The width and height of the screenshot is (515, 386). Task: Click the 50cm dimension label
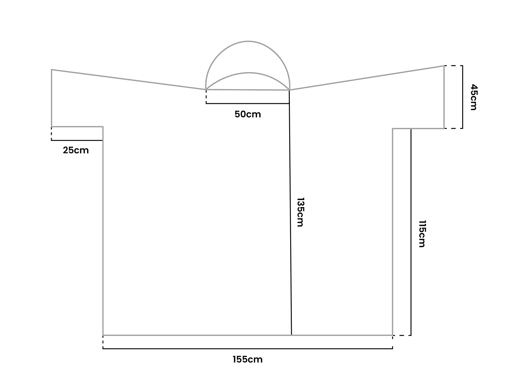click(248, 114)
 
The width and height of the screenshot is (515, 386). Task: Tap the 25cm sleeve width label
click(76, 150)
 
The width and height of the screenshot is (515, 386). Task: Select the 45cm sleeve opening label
click(474, 97)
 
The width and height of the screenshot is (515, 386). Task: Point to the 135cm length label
click(300, 212)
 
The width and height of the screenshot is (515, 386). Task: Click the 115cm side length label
click(422, 234)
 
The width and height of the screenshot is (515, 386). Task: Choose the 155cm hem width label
click(248, 360)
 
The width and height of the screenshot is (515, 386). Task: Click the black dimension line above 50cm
click(248, 104)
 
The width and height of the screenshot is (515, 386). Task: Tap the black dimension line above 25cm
click(77, 140)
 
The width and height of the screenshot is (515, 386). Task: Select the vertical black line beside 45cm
click(463, 97)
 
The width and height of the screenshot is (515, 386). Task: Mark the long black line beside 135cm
click(290, 213)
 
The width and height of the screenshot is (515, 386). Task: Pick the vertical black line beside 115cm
click(411, 232)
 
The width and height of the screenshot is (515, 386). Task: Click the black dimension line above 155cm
click(248, 348)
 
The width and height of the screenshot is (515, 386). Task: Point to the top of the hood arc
click(248, 41)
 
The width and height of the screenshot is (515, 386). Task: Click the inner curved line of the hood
click(249, 73)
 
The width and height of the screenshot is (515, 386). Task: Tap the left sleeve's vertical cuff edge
click(51, 98)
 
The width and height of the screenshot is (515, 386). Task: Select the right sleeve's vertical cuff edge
click(444, 97)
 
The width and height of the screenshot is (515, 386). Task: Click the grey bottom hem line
click(248, 335)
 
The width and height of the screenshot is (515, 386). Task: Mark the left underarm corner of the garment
click(103, 127)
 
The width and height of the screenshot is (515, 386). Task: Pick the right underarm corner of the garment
click(392, 129)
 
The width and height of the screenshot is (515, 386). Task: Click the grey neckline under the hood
click(248, 89)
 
